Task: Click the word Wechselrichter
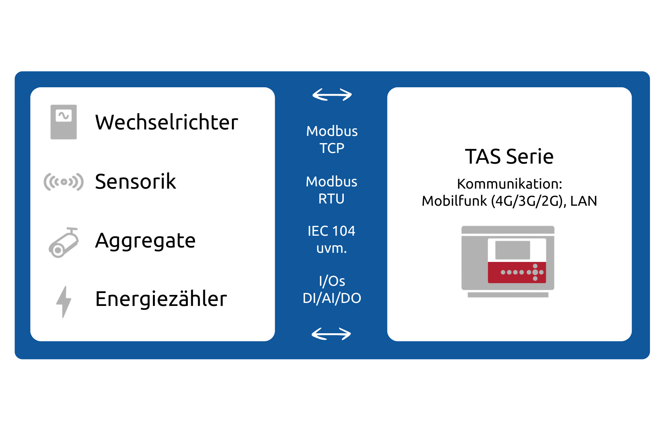(x=167, y=122)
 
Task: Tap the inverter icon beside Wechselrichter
(x=64, y=122)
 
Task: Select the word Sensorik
(x=135, y=181)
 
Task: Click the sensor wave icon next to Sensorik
(x=63, y=182)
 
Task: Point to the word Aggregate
(x=145, y=241)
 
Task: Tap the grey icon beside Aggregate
(x=63, y=243)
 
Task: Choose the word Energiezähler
(x=161, y=299)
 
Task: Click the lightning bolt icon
(x=64, y=302)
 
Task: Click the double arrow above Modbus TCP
(x=332, y=95)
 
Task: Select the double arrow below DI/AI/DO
(x=331, y=334)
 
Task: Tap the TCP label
(x=332, y=148)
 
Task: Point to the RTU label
(x=331, y=199)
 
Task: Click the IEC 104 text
(x=331, y=231)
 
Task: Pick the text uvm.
(x=332, y=249)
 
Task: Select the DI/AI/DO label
(x=332, y=298)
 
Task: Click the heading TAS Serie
(x=509, y=156)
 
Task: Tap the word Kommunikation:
(x=510, y=184)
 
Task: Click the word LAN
(x=584, y=201)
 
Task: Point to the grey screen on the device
(x=513, y=250)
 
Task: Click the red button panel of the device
(x=517, y=272)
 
